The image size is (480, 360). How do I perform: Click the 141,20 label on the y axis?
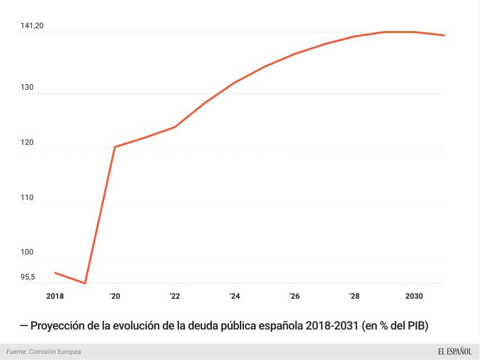click(31, 26)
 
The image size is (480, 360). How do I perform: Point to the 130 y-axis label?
click(28, 88)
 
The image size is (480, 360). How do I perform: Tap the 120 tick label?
click(28, 143)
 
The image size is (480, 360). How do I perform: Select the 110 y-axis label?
click(28, 198)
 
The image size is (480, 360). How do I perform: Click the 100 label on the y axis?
click(28, 253)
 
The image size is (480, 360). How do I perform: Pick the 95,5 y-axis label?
click(28, 277)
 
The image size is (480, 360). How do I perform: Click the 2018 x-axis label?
click(55, 296)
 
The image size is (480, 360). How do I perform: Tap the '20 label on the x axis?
click(115, 296)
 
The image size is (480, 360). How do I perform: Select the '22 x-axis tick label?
click(175, 296)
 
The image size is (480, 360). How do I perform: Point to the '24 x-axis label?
click(234, 296)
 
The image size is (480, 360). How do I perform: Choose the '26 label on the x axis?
click(294, 296)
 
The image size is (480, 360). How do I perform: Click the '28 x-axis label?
click(354, 296)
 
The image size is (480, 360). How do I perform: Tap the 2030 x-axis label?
click(414, 296)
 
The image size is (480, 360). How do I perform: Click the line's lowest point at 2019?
click(85, 283)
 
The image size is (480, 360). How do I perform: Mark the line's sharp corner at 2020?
click(115, 147)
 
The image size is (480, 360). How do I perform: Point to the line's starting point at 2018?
click(55, 273)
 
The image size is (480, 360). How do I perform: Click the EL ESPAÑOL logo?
click(455, 352)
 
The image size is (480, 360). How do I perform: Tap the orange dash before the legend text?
click(23, 326)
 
